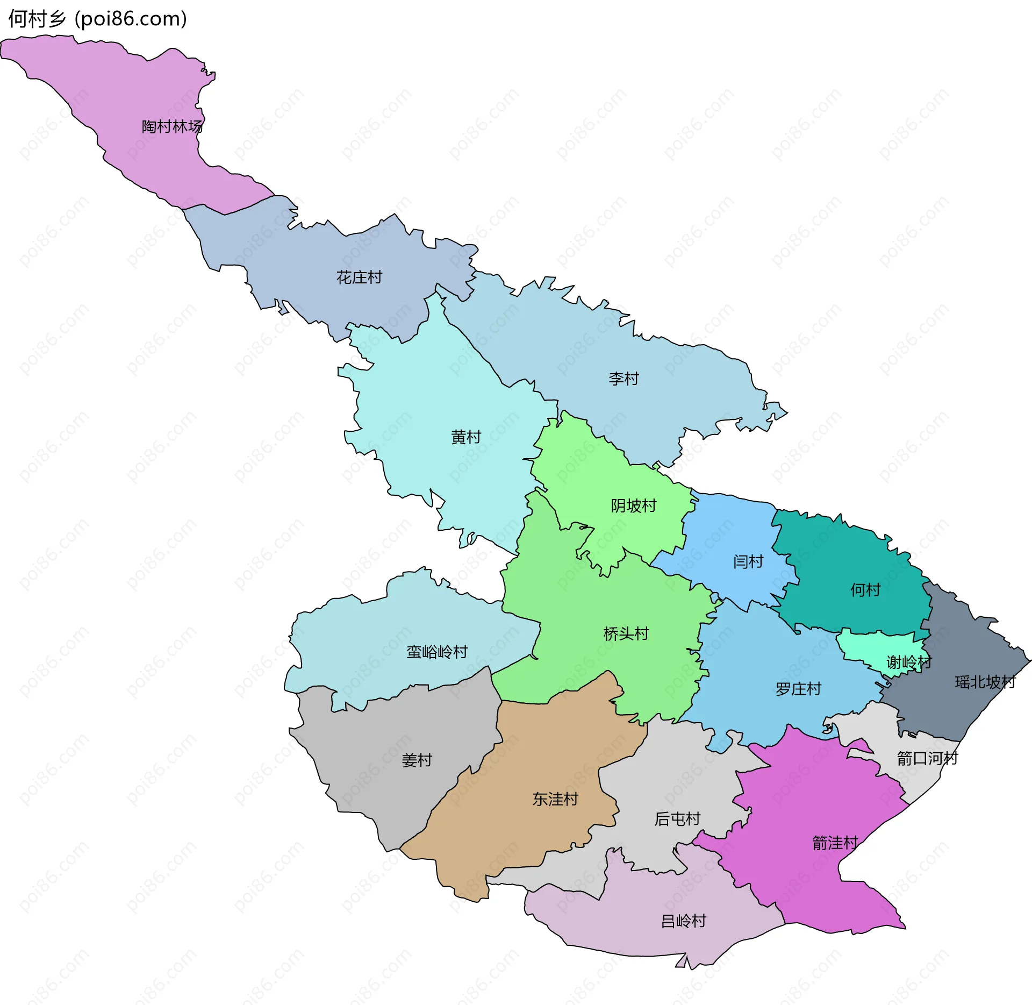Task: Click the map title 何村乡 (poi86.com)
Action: coord(97,19)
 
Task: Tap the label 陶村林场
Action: coord(172,126)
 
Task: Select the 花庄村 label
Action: coord(359,277)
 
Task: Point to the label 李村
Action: coord(623,379)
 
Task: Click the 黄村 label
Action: coord(466,437)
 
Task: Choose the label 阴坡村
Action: coord(634,505)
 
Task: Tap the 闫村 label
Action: coord(748,561)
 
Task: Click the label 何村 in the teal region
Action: coord(865,590)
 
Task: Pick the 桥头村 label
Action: coord(626,633)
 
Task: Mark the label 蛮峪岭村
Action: coord(437,652)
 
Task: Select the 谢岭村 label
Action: coord(909,662)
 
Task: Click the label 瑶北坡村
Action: coord(985,682)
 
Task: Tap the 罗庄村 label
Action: coord(798,689)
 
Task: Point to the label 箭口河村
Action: coord(927,758)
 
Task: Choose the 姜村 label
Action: coord(417,760)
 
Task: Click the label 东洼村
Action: coord(555,799)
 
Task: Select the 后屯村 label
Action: coord(677,818)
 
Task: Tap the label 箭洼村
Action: coord(835,843)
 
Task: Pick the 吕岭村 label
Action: coord(683,921)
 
